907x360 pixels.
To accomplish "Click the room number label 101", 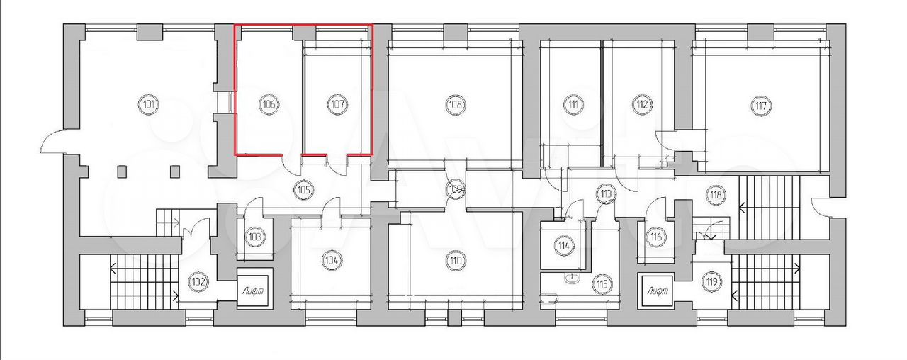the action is point(149,104).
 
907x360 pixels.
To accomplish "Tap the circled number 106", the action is point(269,104).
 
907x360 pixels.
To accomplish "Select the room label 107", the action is point(337,104).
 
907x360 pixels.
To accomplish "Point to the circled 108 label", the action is point(455,104).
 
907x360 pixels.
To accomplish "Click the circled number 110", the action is point(455,260).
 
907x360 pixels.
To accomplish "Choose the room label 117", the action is point(760,106).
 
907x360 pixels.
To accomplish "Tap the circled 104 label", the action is point(331,260).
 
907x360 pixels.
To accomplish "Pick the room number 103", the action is point(254,237).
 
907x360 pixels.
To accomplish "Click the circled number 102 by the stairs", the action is point(199,281).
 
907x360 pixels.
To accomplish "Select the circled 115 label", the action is point(602,284).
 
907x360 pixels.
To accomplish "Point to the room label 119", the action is point(711,281).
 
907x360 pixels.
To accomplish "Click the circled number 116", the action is point(655,236).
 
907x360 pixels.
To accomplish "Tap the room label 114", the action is point(563,245).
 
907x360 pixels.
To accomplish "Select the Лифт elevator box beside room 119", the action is point(655,291).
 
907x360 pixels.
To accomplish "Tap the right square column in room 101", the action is point(175,171).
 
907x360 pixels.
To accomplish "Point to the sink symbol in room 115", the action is point(571,278).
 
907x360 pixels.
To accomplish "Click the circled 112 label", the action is point(642,104).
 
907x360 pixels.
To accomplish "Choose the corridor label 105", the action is point(304,189).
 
